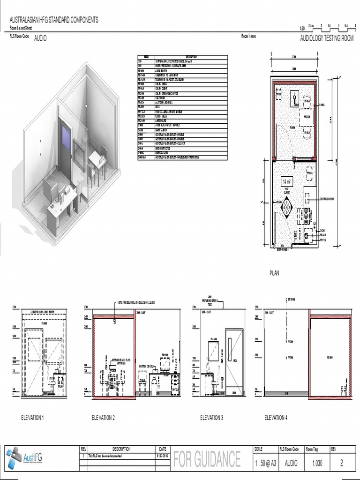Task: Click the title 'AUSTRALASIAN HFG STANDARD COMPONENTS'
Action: (54, 20)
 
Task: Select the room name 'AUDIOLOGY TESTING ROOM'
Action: (327, 38)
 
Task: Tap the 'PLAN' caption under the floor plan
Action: (274, 273)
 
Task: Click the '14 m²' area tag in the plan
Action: (287, 181)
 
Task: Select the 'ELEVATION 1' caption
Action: (32, 417)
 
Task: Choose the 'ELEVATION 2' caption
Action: (103, 417)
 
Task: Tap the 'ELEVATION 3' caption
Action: (211, 417)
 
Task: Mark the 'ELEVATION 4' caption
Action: (276, 417)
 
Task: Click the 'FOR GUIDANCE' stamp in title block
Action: (207, 459)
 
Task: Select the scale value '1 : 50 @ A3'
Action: (264, 463)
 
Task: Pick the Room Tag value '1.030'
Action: (317, 463)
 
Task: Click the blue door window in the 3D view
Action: (66, 139)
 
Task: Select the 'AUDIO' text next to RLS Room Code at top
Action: (40, 39)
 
